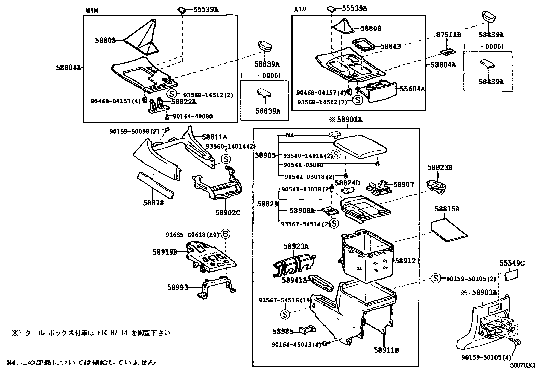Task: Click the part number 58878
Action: tap(153, 203)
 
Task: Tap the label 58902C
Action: tap(228, 213)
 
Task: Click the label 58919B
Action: tap(165, 251)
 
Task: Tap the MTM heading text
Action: tap(91, 10)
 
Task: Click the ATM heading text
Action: tap(300, 10)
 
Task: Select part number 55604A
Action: tap(412, 89)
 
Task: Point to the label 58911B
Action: tap(386, 350)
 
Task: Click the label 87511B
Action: tap(449, 35)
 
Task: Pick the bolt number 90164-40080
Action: tap(193, 116)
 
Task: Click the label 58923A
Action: tap(296, 247)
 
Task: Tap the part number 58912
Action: tap(405, 261)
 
